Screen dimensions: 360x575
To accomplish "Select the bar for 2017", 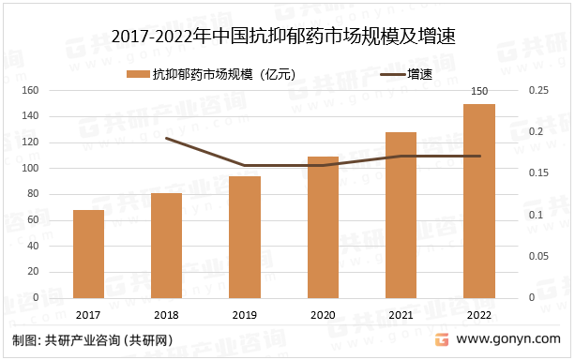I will [x=88, y=254].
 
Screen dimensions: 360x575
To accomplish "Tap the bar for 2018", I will [x=167, y=246].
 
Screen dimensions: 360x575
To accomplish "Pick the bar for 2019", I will [x=245, y=237].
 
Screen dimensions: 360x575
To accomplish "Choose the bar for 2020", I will [x=323, y=228].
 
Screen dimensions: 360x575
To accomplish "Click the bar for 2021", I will [x=401, y=216].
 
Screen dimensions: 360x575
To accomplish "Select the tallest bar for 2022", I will [x=479, y=202].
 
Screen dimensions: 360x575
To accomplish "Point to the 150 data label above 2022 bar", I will [x=479, y=91].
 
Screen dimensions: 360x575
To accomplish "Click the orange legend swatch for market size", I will [x=137, y=74].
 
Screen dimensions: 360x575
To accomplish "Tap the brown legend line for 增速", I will [x=391, y=74].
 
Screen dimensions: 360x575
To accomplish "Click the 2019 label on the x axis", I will [x=245, y=316].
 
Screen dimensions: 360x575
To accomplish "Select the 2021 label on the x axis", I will [x=401, y=316].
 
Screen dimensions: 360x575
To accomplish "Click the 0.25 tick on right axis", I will [x=538, y=91].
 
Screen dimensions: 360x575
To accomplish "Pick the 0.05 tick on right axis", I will [x=538, y=256].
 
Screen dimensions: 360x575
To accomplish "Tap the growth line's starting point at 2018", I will [x=167, y=139].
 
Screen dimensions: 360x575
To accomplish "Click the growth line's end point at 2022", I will [x=479, y=157].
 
